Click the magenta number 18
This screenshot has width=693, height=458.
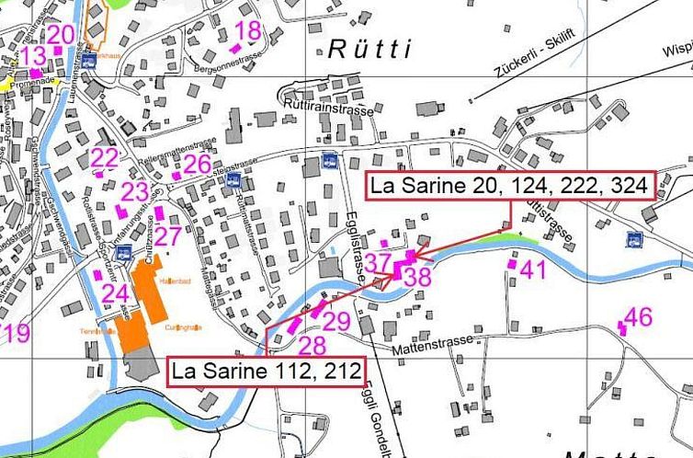[248, 31]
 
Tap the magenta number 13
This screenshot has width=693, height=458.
[33, 56]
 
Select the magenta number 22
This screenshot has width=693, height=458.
[105, 157]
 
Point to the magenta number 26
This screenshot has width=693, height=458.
[197, 165]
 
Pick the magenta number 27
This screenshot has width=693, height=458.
[167, 235]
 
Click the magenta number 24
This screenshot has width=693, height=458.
[114, 293]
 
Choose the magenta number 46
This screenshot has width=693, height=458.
[638, 317]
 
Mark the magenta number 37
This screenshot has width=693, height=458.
[378, 263]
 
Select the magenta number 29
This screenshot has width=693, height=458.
[336, 321]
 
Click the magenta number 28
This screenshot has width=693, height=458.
[312, 345]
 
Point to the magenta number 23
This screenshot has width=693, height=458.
[134, 192]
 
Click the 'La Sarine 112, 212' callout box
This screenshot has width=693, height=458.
[266, 372]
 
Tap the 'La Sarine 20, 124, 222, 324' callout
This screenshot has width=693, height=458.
[511, 187]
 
